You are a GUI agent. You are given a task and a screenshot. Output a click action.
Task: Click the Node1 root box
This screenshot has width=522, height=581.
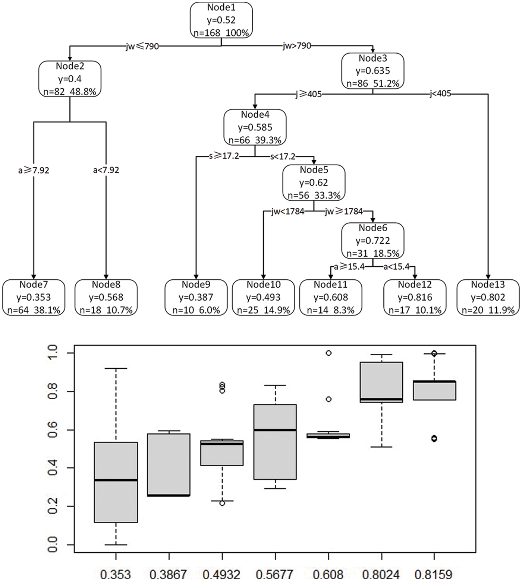[x=221, y=20]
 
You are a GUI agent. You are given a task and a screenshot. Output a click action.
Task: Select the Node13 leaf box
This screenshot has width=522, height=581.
[x=488, y=297]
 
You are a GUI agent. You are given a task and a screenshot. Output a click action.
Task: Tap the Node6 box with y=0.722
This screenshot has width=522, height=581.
[x=373, y=241]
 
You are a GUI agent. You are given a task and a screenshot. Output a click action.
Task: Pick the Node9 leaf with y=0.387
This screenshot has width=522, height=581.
[x=196, y=297]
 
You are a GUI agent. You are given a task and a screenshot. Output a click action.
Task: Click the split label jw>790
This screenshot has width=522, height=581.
[x=296, y=46]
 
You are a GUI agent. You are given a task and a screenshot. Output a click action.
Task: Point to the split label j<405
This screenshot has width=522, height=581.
[x=440, y=94]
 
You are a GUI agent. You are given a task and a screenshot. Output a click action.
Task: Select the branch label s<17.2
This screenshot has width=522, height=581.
[x=283, y=156]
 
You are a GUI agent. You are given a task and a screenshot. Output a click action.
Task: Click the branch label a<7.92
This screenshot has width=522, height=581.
[x=106, y=170]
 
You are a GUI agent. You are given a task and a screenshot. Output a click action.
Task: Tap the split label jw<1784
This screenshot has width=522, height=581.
[x=288, y=212]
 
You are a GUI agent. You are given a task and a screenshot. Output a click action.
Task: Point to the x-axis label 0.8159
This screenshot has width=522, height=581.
[x=434, y=574]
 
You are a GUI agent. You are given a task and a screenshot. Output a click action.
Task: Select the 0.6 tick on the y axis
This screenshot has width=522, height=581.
[x=52, y=430]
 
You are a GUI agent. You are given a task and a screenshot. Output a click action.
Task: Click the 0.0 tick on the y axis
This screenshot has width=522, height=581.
[x=52, y=545]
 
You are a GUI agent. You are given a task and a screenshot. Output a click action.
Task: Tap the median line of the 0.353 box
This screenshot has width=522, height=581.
[x=116, y=480]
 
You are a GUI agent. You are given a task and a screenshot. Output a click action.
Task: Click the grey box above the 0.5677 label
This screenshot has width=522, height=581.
[x=275, y=442]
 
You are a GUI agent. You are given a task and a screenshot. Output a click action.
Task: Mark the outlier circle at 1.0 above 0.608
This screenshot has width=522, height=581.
[x=328, y=353]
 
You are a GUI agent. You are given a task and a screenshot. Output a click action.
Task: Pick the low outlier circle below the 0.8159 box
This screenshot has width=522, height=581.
[x=434, y=438]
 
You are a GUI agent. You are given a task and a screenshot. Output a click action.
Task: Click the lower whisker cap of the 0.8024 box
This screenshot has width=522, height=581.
[x=381, y=447]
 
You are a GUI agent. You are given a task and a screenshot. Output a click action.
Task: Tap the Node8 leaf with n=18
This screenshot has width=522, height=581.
[x=106, y=297]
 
